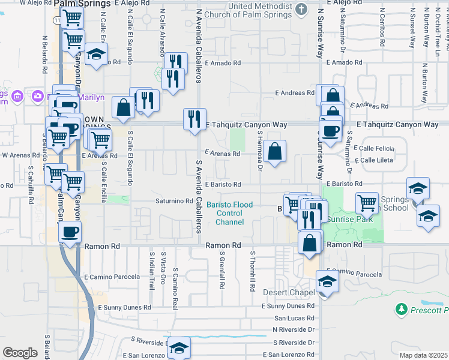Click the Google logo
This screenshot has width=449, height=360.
(x=20, y=353)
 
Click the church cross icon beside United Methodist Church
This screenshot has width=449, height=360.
(x=302, y=9)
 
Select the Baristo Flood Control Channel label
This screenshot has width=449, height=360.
(x=230, y=214)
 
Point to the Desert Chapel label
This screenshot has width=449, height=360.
(x=289, y=293)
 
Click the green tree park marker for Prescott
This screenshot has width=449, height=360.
(x=401, y=310)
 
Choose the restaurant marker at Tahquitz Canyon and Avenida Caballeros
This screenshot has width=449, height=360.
(x=194, y=119)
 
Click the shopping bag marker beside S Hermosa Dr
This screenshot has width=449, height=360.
(x=274, y=152)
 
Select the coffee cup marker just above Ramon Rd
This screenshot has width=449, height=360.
(x=70, y=230)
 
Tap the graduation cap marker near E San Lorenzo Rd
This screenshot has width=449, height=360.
(x=179, y=347)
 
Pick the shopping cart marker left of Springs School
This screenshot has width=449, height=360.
(x=367, y=202)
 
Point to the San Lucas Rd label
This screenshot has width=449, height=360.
(x=294, y=318)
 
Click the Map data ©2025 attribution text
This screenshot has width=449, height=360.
(x=424, y=355)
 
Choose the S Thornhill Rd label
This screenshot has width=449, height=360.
(x=253, y=269)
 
